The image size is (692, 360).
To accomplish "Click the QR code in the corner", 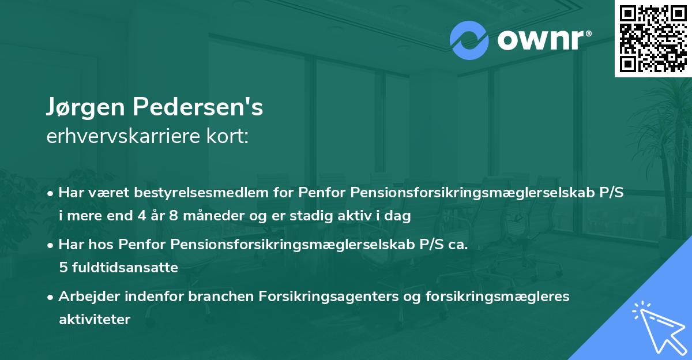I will point(653,39).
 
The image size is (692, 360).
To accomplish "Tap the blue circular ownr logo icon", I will point(469,40).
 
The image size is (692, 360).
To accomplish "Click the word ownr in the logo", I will point(542,40).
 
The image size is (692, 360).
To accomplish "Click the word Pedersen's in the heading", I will point(198,107).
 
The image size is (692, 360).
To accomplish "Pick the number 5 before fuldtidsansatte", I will point(62,268).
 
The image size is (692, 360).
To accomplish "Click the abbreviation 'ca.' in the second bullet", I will point(456,245).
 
